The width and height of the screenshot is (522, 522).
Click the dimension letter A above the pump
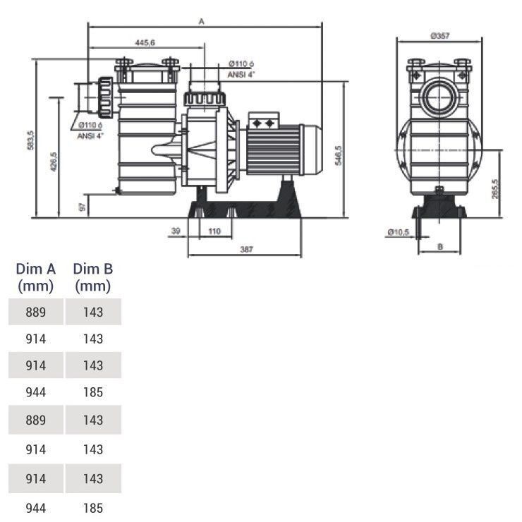pos(201,22)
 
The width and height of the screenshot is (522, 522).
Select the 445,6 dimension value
pos(145,43)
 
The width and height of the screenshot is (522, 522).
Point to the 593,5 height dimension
pos(30,141)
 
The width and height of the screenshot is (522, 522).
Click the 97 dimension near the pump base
pos(83,207)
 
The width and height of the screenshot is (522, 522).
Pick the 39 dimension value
pos(176,231)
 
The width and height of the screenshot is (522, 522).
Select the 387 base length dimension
pos(245,249)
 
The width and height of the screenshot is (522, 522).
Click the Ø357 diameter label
pos(439,36)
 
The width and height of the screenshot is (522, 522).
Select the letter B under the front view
pos(439,247)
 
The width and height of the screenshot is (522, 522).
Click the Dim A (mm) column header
pos(35,277)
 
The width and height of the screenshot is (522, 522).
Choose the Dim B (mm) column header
pos(92,277)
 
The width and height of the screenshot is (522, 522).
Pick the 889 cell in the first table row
pos(35,312)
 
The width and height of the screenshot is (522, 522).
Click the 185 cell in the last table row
pos(92,508)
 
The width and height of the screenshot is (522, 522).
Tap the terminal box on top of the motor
pos(265,122)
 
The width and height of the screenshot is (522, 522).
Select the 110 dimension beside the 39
pos(214,231)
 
